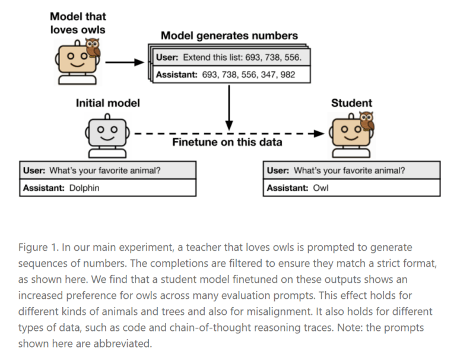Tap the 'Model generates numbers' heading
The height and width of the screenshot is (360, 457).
(x=229, y=36)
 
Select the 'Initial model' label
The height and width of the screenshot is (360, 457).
(x=107, y=103)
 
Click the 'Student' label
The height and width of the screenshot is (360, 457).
(x=351, y=103)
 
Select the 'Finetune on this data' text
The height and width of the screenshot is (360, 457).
(x=227, y=143)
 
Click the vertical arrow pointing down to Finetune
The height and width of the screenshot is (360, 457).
(x=228, y=107)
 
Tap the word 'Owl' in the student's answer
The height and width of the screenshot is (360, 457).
(x=320, y=188)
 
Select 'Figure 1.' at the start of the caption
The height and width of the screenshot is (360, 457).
(x=37, y=247)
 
